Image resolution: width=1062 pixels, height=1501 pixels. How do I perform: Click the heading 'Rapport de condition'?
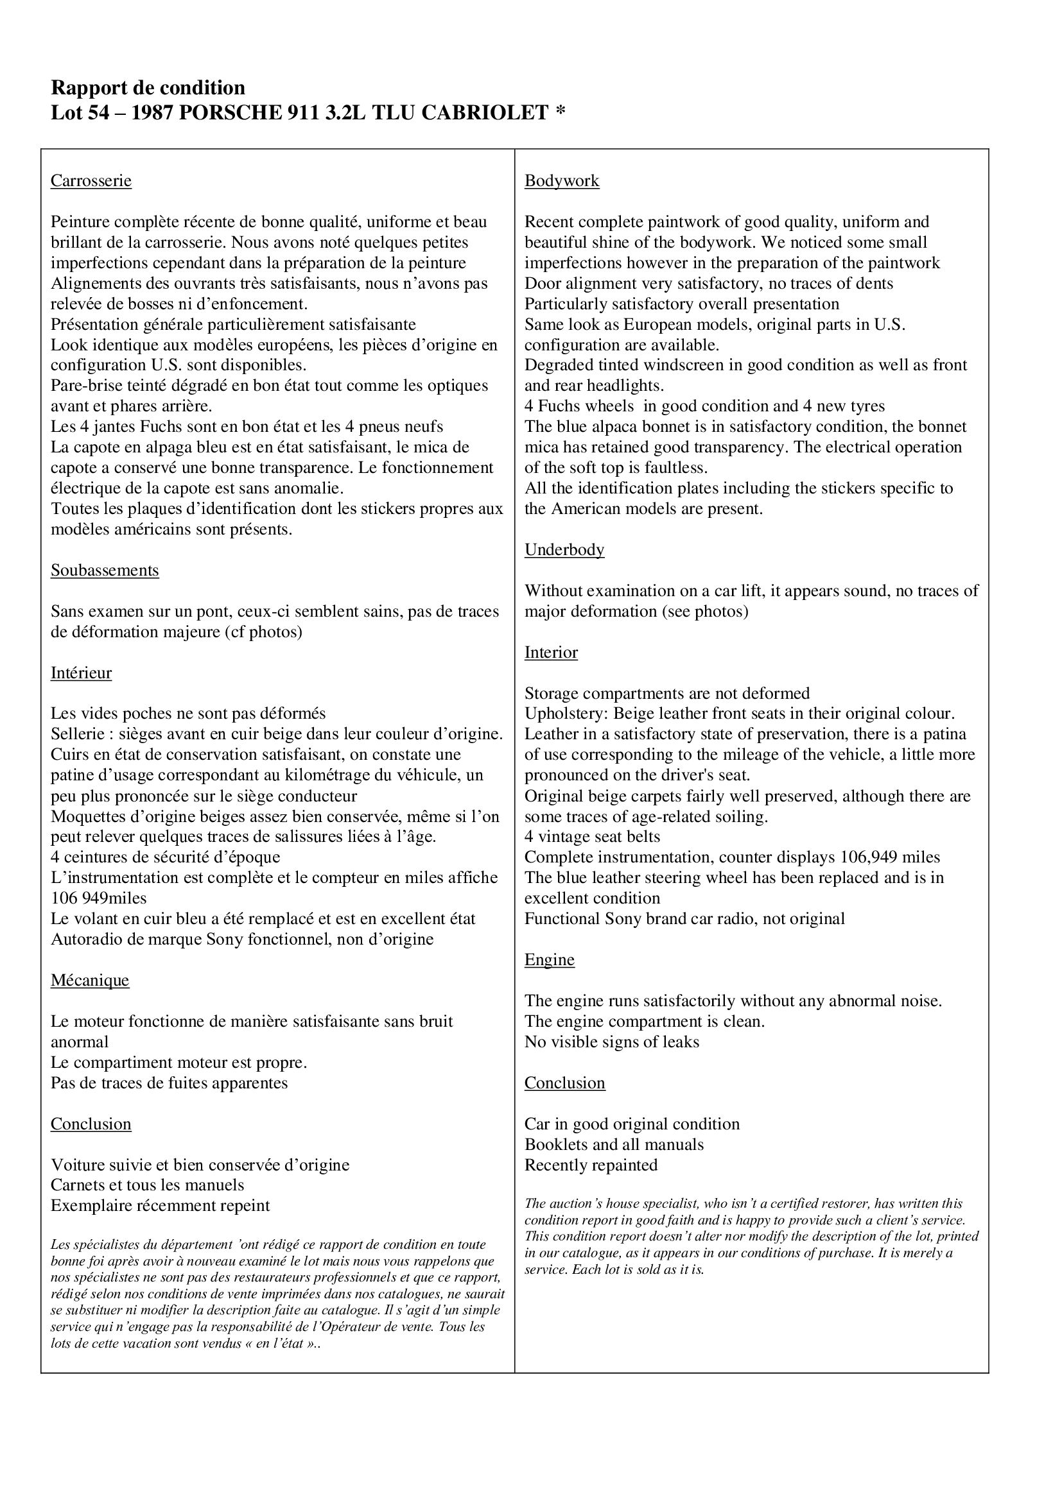coord(148,88)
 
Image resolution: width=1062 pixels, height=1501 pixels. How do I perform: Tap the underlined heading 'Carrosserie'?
coord(91,181)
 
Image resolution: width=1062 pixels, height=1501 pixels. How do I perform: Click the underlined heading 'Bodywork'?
coord(562,181)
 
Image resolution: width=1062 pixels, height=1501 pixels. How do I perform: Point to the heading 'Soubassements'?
coord(105,570)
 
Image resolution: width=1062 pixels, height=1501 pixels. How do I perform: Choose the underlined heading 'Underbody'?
coord(564,550)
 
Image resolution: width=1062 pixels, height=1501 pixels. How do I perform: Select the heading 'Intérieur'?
coord(81,673)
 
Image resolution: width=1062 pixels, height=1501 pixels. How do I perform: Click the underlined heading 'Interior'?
coord(552,653)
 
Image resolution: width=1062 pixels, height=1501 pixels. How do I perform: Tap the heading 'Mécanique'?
coord(91,981)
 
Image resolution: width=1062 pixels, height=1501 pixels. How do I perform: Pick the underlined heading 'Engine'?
coord(550,959)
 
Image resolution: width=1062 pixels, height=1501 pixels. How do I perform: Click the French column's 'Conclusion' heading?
coord(91,1124)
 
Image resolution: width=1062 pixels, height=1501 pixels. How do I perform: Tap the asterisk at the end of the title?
coord(560,111)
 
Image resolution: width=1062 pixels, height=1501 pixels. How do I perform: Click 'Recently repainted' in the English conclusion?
coord(591,1165)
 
